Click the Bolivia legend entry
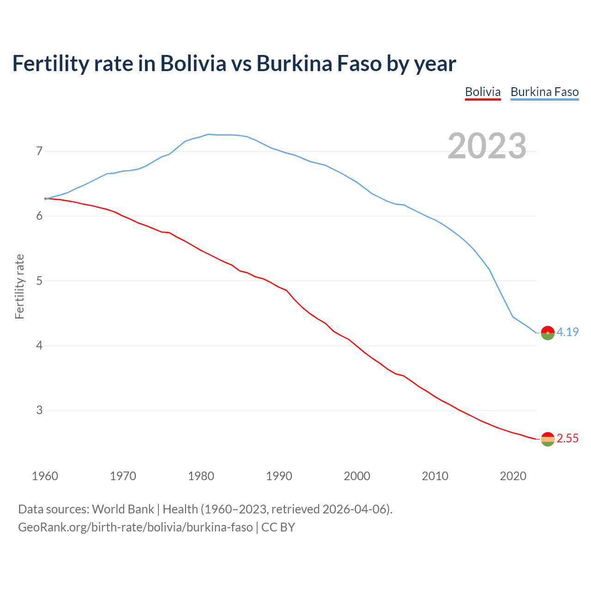[x=482, y=92]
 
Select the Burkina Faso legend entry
[x=544, y=92]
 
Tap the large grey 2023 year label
[x=487, y=146]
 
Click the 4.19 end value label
[x=567, y=332]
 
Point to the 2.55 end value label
[x=567, y=438]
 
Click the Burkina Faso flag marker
[x=548, y=332]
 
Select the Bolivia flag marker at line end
[x=548, y=439]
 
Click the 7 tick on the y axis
[x=39, y=151]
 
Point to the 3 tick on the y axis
[x=39, y=410]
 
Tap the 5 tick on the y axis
[x=39, y=281]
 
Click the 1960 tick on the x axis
[x=45, y=476]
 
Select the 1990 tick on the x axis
[x=279, y=476]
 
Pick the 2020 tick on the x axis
[x=513, y=476]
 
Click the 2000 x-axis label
[x=357, y=476]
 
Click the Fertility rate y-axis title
[x=19, y=286]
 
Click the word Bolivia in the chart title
[x=193, y=63]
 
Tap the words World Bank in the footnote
[x=123, y=509]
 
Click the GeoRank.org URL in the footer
[x=135, y=527]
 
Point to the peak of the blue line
[x=208, y=134]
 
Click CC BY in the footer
[x=278, y=527]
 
